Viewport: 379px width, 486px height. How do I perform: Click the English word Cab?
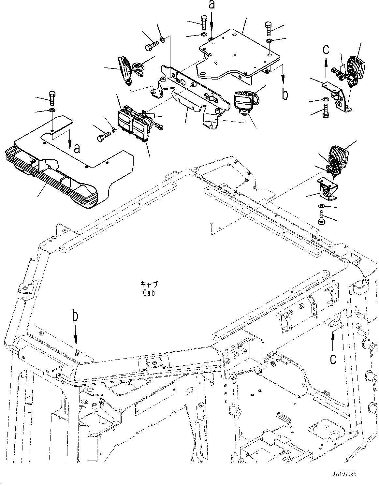(x=148, y=293)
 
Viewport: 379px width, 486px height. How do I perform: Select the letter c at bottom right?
(x=333, y=359)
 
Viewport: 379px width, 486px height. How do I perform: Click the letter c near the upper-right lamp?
(x=326, y=50)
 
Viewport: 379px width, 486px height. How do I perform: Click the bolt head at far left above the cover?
(x=51, y=96)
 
